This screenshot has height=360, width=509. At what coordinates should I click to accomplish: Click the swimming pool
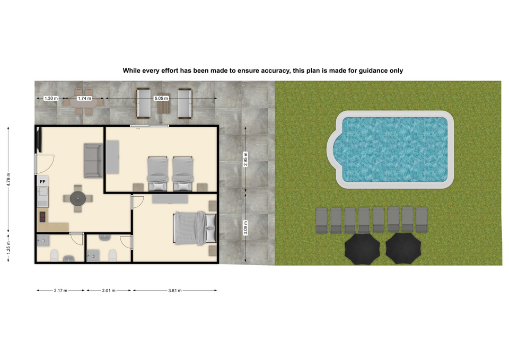[x=391, y=150]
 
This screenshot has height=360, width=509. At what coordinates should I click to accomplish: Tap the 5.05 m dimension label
[x=161, y=98]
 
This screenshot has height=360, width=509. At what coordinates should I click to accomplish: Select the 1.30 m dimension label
[x=51, y=98]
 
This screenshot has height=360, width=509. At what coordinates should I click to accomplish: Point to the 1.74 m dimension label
[x=84, y=98]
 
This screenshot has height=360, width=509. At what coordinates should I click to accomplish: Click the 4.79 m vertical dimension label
[x=9, y=179]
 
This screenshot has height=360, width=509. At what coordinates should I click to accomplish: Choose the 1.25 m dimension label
[x=9, y=248]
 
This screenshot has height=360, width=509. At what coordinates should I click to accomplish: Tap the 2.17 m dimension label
[x=60, y=291]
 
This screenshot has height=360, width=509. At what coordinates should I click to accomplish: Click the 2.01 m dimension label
[x=109, y=291]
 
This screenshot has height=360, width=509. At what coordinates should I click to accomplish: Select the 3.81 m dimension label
[x=174, y=291]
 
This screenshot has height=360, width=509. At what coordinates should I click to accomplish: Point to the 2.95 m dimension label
[x=245, y=159]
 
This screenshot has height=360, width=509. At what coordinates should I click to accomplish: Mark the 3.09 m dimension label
[x=245, y=227]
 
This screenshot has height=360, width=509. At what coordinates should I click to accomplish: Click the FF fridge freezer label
[x=42, y=181]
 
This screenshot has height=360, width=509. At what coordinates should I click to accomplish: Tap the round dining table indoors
[x=78, y=198]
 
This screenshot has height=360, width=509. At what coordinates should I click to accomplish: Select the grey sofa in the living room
[x=93, y=160]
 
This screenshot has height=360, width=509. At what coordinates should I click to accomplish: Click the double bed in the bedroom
[x=195, y=228]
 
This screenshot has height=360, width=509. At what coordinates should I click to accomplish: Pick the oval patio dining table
[x=84, y=103]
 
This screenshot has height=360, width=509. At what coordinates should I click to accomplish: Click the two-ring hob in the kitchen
[x=42, y=216]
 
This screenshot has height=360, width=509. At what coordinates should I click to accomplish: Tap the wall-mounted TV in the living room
[x=39, y=139]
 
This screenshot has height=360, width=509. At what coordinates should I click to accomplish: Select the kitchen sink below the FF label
[x=43, y=192]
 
